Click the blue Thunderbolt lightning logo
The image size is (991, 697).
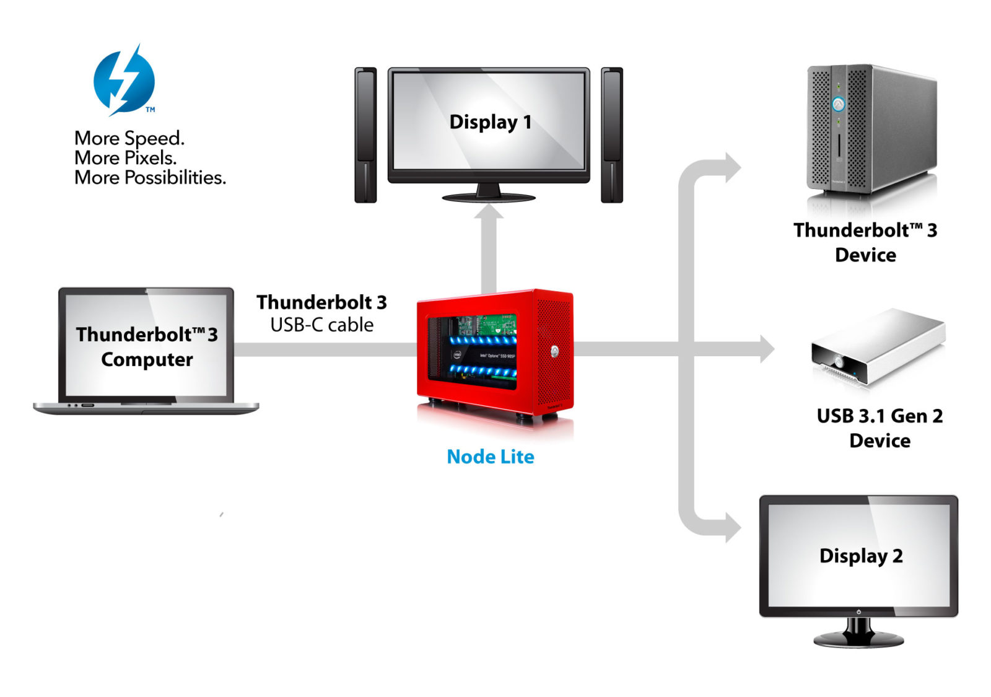tap(124, 81)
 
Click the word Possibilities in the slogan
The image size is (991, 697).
tap(175, 178)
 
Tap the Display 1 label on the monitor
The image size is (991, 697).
tap(490, 122)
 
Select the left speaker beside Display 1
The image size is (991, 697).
tap(365, 135)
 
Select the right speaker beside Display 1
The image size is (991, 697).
tap(611, 135)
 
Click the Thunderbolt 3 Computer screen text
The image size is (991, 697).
tap(147, 346)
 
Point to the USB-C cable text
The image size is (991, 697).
tap(321, 325)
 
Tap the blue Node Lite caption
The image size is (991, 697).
tap(490, 457)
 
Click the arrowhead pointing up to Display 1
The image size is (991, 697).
tap(489, 213)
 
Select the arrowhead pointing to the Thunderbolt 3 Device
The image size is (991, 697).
tap(732, 168)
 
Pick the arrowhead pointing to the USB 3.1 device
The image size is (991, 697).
tap(766, 349)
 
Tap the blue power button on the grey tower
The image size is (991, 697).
tap(838, 104)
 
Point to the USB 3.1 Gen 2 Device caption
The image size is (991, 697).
tap(880, 427)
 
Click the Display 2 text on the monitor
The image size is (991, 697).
tap(860, 556)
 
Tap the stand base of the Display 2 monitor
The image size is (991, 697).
tap(858, 639)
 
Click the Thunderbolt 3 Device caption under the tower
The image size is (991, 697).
tap(865, 242)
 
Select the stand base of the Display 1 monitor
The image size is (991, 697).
tap(489, 198)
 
